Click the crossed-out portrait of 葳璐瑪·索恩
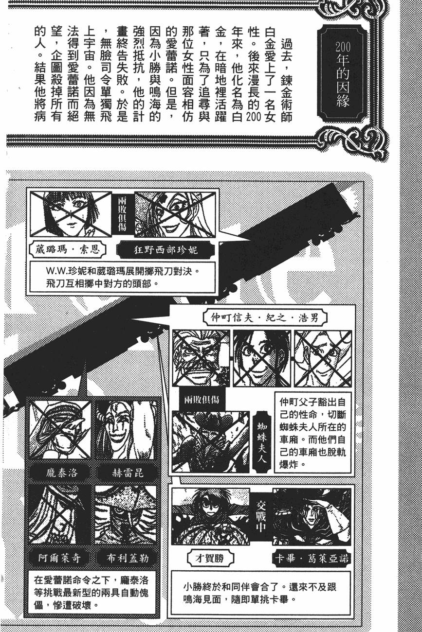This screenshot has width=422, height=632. (x=71, y=214)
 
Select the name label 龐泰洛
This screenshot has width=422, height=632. (x=59, y=472)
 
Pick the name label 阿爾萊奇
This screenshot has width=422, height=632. (x=59, y=557)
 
